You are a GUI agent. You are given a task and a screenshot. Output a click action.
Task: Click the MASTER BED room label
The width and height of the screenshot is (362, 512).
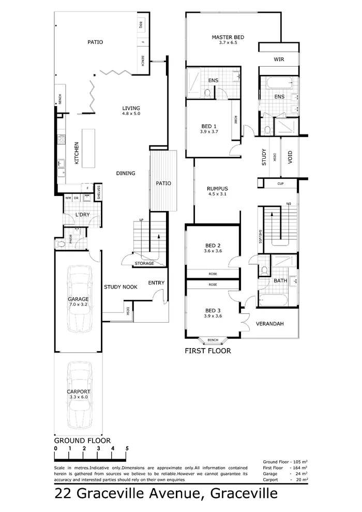point(228,37)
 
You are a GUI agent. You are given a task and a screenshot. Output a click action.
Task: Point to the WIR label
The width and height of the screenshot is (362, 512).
point(279,59)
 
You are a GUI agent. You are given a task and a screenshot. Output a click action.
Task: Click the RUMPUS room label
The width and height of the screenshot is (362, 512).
point(218,189)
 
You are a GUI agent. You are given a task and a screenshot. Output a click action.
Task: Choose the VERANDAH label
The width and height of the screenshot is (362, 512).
point(269,325)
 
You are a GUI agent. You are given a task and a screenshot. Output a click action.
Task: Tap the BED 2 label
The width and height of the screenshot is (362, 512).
point(213,245)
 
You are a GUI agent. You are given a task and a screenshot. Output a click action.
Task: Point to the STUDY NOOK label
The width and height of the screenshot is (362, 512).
point(120,287)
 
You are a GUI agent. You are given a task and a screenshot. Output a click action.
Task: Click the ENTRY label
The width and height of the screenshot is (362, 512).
point(156,283)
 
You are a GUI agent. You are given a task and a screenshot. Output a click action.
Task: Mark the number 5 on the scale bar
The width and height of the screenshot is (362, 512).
point(127,448)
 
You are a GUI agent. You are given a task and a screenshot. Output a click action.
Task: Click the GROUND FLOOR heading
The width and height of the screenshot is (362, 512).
point(83,440)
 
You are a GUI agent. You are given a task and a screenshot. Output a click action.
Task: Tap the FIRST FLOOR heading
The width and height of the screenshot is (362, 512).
point(208,351)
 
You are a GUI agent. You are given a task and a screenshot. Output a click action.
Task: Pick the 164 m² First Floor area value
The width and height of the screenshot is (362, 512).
point(300,467)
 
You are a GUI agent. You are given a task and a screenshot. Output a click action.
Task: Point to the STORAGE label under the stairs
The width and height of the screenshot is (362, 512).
point(144,264)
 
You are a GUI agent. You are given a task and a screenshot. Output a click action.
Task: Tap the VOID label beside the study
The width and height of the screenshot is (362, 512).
point(290,156)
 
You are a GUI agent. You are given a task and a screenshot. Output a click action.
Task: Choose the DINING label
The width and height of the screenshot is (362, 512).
point(126,173)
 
